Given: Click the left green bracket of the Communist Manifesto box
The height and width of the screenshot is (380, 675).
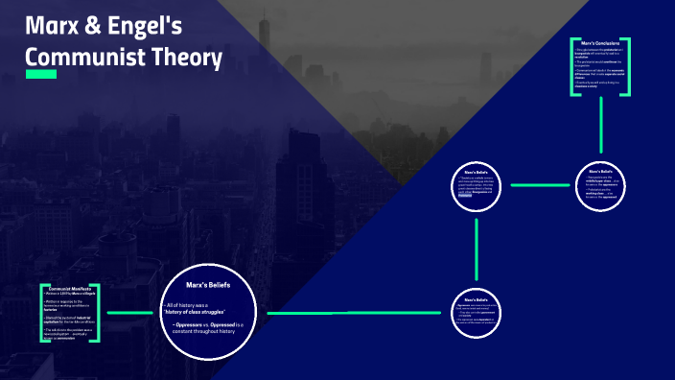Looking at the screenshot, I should pyautogui.click(x=42, y=313).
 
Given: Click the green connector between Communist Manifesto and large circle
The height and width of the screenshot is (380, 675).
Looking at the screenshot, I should pyautogui.click(x=131, y=313).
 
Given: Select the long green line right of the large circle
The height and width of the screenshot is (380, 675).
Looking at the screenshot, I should pyautogui.click(x=355, y=313).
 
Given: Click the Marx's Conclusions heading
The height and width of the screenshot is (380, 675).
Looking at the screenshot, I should pyautogui.click(x=601, y=43).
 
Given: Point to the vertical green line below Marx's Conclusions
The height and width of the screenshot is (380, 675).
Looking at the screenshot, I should pyautogui.click(x=601, y=125).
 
